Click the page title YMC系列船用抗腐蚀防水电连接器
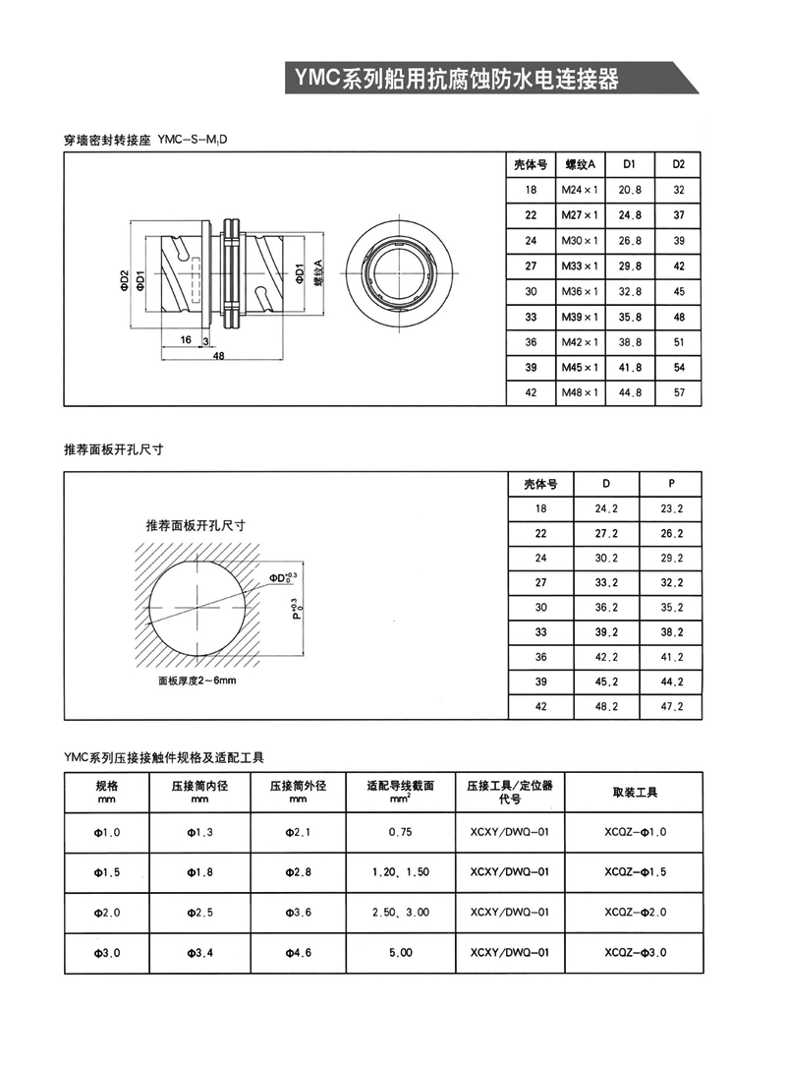454,79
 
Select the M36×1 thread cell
580,292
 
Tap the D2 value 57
678,393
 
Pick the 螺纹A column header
580,164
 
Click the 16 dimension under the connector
186,339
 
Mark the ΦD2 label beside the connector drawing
125,280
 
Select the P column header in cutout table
671,484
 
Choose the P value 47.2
671,707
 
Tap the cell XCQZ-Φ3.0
636,953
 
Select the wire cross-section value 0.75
401,832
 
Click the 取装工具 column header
636,792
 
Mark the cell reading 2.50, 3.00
401,913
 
